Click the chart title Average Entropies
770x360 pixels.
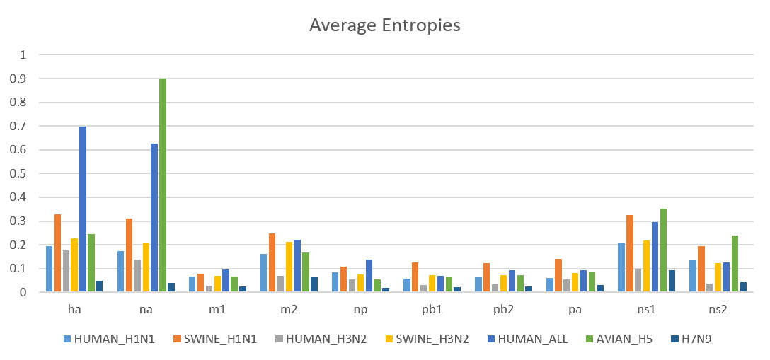tap(385, 25)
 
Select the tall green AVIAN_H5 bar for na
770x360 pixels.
tap(163, 185)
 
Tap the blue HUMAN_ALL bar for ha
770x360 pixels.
tap(83, 209)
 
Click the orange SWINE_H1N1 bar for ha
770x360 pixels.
tap(57, 253)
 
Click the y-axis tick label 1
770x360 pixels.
tap(23, 54)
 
